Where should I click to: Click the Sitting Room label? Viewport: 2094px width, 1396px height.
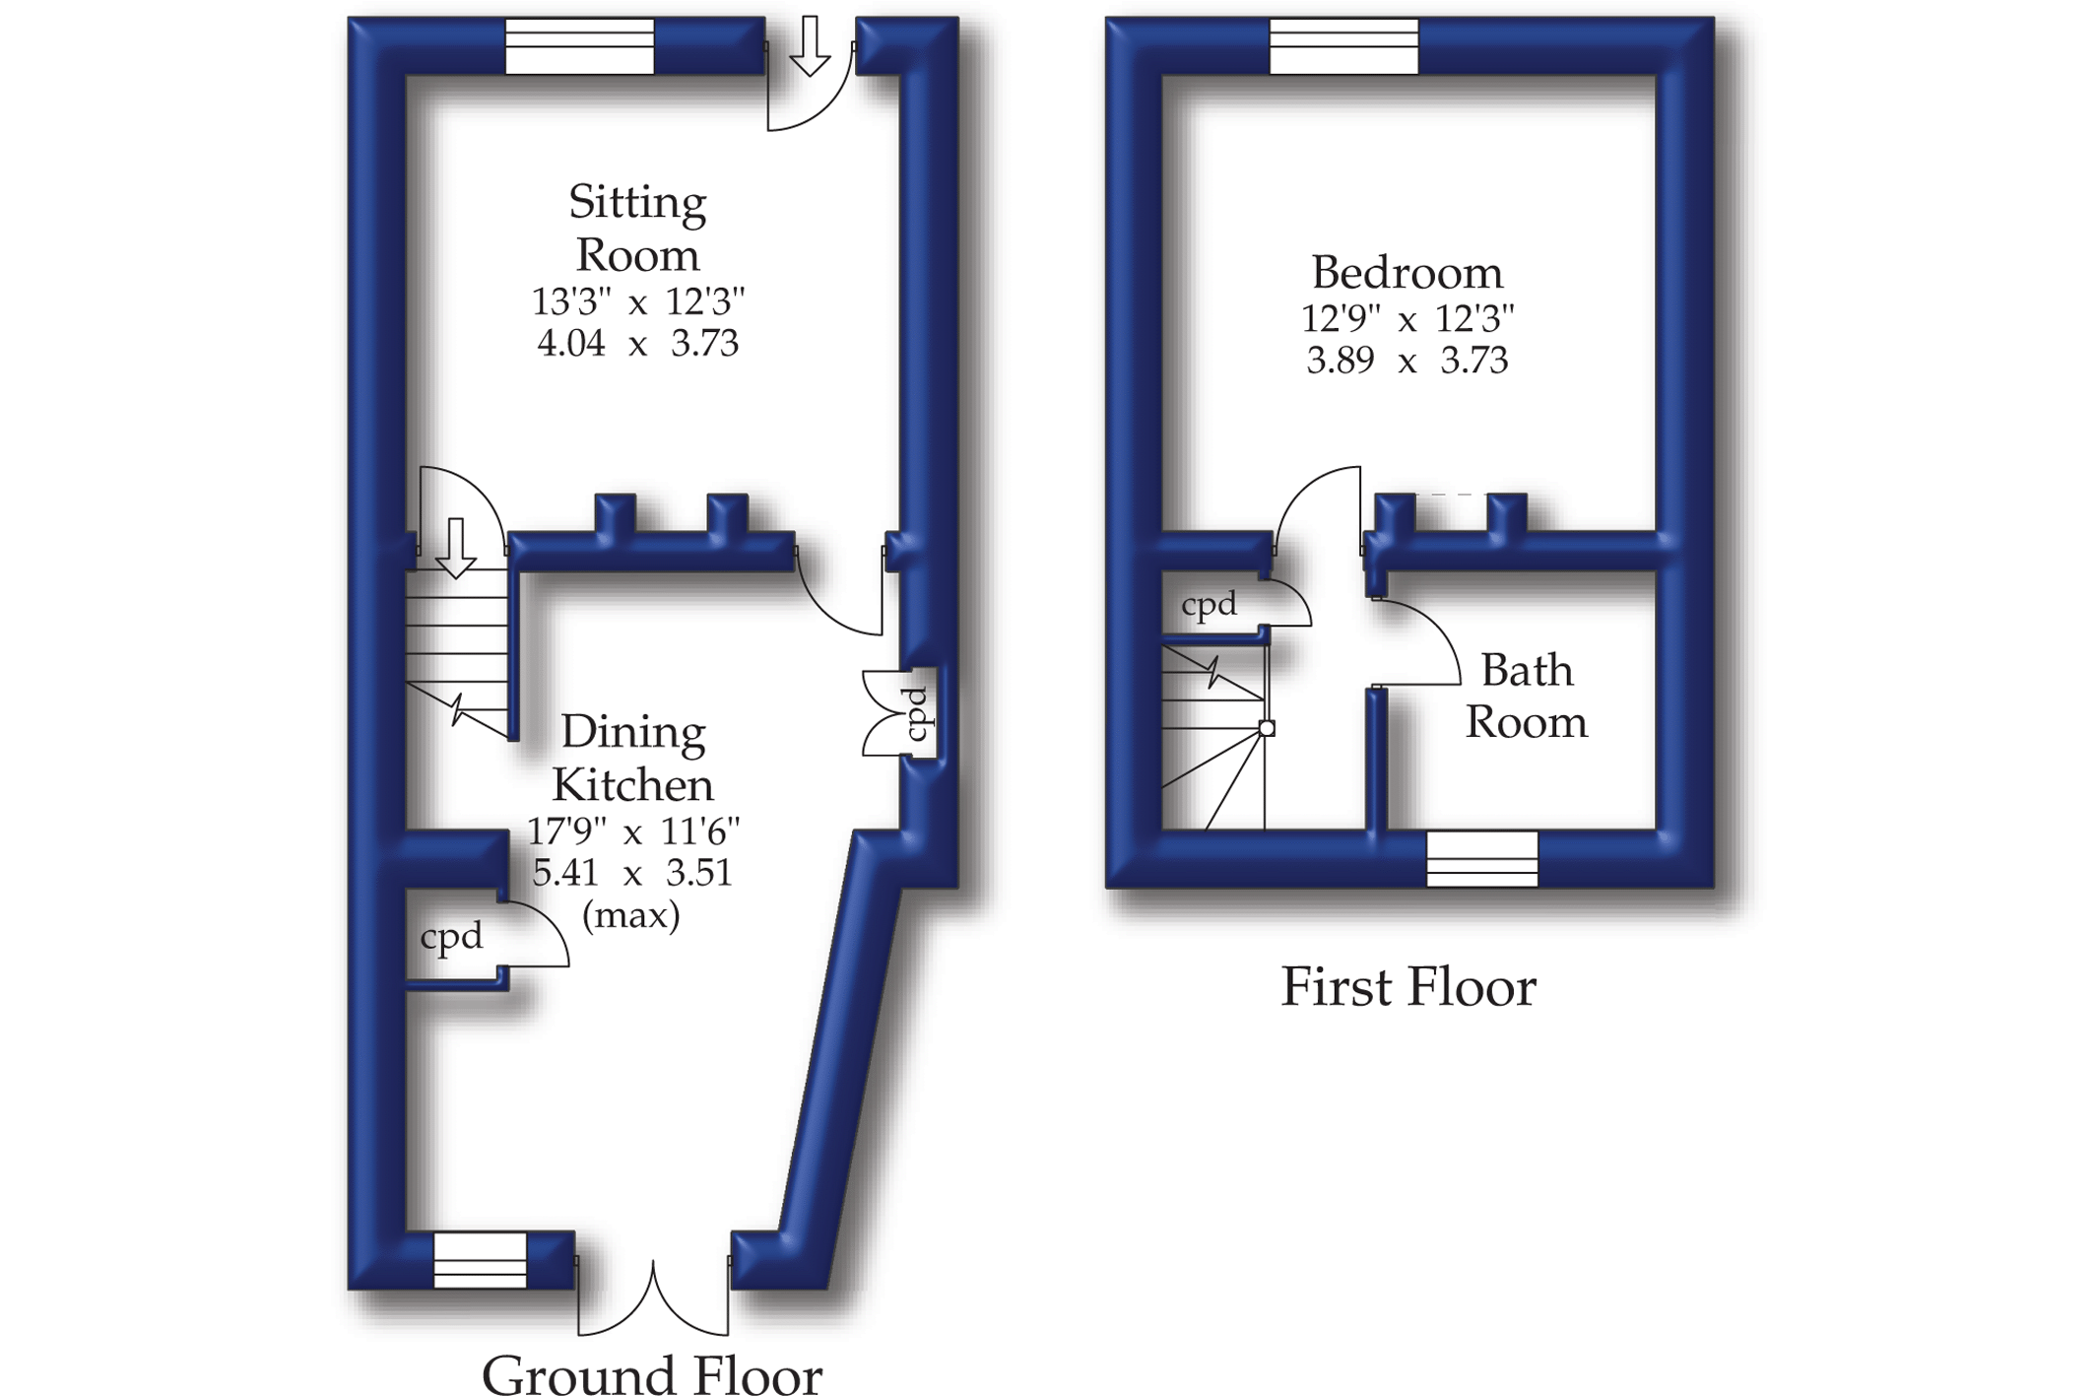[x=637, y=229]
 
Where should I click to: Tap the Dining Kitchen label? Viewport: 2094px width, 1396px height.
[x=632, y=759]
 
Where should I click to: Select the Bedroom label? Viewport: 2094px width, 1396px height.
[x=1407, y=273]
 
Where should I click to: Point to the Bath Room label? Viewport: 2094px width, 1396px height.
[x=1526, y=697]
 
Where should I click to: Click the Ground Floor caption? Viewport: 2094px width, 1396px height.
[x=651, y=1374]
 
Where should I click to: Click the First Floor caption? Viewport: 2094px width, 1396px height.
[x=1407, y=987]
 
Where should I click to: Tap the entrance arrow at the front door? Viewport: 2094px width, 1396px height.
[x=810, y=46]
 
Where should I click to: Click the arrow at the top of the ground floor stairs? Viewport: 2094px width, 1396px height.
[x=455, y=548]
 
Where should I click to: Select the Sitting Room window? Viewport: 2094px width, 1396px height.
[x=579, y=46]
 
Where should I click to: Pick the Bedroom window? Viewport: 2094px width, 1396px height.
[x=1343, y=46]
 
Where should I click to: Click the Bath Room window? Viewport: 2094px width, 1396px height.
[x=1481, y=858]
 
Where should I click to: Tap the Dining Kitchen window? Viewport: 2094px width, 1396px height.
[x=480, y=1260]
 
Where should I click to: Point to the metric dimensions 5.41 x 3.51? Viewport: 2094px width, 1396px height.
[x=632, y=873]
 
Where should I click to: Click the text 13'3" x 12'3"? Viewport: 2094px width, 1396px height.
[x=637, y=301]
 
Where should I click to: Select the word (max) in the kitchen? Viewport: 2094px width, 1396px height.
[x=631, y=916]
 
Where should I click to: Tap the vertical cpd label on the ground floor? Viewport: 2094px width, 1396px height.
[x=917, y=713]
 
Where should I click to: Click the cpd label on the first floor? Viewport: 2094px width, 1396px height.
[x=1209, y=604]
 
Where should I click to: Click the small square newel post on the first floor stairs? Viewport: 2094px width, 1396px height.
[x=1267, y=728]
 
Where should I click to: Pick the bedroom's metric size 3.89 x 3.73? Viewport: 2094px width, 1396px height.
[x=1407, y=361]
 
